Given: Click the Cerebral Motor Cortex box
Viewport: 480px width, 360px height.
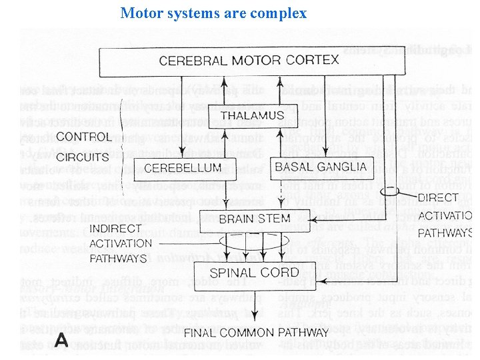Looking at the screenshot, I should (x=252, y=61).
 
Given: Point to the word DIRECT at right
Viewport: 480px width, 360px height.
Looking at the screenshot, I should (x=438, y=197).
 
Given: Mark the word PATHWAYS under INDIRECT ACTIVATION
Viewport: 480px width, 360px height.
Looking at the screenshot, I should (x=118, y=258).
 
